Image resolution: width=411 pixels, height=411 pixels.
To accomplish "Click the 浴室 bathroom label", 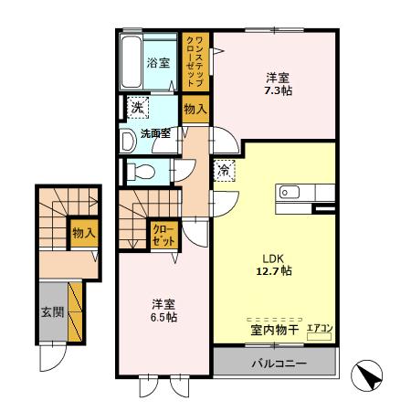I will [x=158, y=63].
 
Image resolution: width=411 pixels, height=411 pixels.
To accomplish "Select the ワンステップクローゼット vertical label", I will [x=196, y=61].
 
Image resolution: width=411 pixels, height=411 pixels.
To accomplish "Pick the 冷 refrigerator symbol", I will [x=225, y=170].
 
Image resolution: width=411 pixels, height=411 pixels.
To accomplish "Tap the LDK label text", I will [x=273, y=257].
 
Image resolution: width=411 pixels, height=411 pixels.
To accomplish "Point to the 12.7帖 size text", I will [x=273, y=271].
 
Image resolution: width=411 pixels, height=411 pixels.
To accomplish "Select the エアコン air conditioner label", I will [x=319, y=327].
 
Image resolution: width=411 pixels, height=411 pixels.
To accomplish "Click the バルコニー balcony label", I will [x=278, y=364].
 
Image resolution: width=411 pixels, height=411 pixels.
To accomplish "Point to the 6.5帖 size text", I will [x=163, y=317].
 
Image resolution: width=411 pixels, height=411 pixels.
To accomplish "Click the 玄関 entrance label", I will [x=51, y=311].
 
